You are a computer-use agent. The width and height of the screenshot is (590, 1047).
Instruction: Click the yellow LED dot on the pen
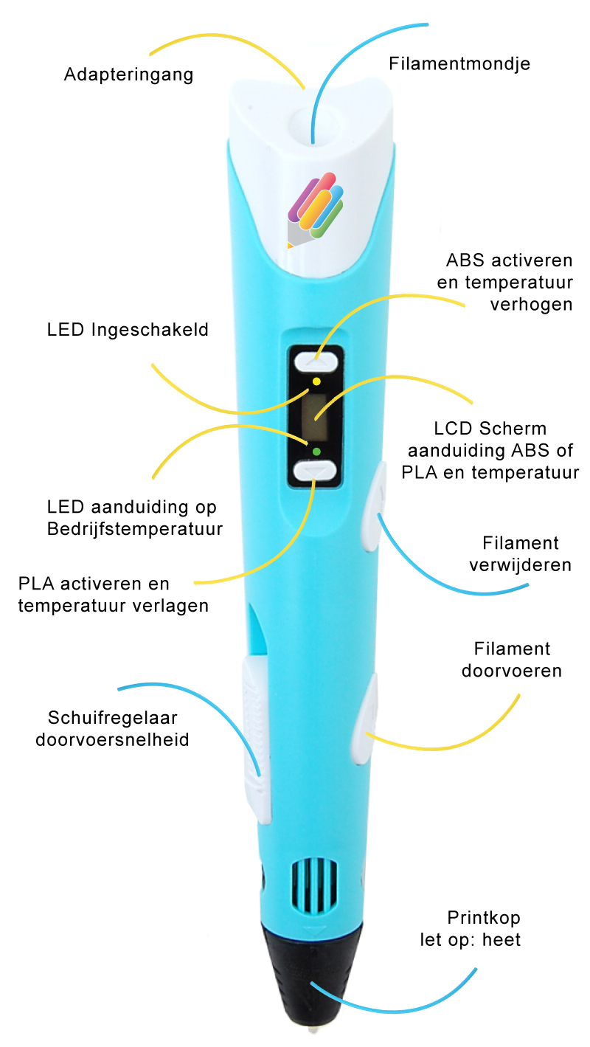[316, 381]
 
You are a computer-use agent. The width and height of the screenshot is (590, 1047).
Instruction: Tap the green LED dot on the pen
[316, 452]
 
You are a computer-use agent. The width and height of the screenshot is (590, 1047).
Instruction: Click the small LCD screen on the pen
[314, 416]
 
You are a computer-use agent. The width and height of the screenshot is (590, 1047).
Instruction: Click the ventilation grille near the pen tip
[314, 885]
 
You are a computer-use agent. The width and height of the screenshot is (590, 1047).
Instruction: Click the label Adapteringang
[128, 75]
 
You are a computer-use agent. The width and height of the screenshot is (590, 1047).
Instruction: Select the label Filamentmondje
[459, 63]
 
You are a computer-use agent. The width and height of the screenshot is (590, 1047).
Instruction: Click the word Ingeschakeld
[150, 330]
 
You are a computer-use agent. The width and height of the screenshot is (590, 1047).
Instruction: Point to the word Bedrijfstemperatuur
[135, 529]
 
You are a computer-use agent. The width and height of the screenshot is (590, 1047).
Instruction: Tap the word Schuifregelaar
[113, 717]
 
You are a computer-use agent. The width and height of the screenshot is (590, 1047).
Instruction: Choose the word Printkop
[484, 918]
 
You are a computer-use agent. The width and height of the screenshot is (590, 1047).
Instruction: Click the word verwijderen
[521, 565]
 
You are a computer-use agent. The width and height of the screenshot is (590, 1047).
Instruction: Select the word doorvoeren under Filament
[512, 671]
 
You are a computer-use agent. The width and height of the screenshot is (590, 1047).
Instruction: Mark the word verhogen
[531, 305]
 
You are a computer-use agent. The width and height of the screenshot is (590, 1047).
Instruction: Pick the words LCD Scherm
[490, 429]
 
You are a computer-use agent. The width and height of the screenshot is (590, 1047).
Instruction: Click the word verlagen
[170, 606]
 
